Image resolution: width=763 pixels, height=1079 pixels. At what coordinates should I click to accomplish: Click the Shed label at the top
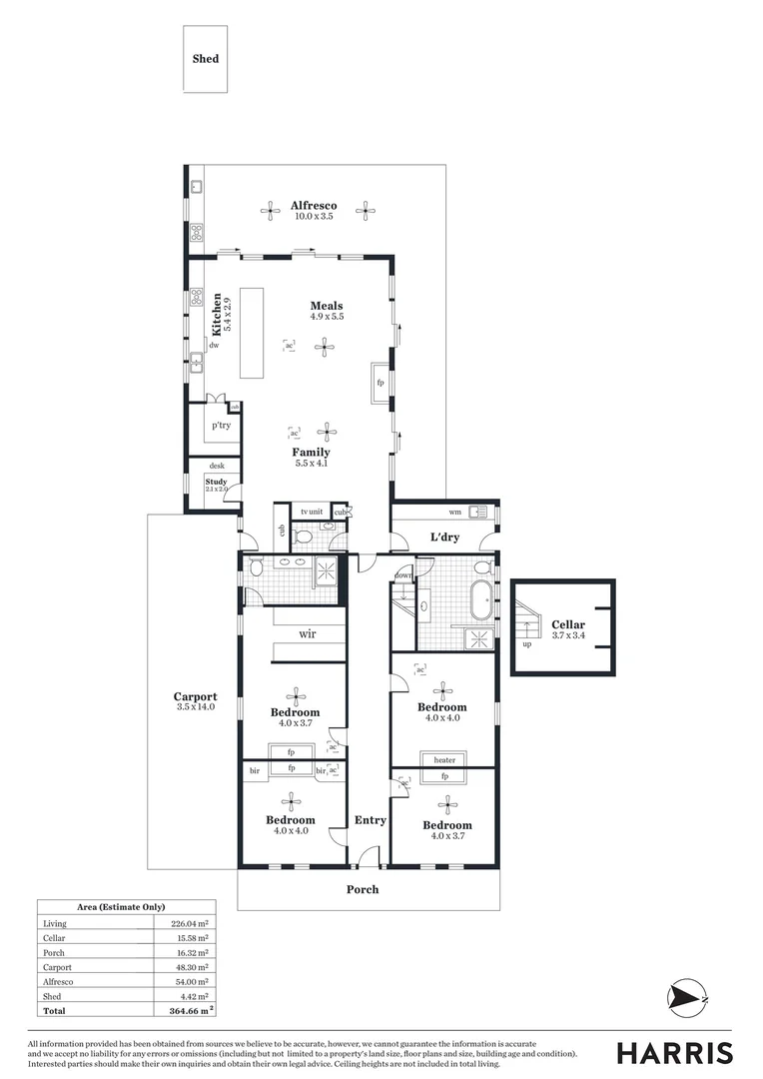[205, 59]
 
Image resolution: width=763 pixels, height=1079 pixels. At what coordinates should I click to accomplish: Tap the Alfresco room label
[314, 206]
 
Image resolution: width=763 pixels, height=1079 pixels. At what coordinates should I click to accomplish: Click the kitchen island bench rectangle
[251, 333]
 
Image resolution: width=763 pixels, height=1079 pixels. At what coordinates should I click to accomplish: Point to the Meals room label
[327, 307]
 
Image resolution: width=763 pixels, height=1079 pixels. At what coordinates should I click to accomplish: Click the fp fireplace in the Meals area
[381, 383]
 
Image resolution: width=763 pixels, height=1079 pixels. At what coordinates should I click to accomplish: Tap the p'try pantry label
[222, 426]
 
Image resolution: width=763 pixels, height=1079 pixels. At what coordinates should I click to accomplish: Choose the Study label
[217, 483]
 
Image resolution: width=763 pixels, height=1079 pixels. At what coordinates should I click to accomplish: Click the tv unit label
[312, 512]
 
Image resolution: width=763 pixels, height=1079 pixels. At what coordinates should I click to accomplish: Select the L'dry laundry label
[444, 538]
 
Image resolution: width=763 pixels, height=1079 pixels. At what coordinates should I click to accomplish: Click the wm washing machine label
[454, 513]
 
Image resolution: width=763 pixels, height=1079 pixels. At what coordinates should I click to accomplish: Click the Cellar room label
[568, 625]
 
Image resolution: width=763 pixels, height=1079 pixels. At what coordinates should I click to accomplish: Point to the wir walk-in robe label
[308, 634]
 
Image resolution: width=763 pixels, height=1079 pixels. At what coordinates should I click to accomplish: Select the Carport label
[195, 697]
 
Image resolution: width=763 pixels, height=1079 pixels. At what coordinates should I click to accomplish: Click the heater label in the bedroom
[444, 760]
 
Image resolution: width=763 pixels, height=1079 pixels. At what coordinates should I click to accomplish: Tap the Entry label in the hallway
[370, 820]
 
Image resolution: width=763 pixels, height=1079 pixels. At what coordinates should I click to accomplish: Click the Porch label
[363, 889]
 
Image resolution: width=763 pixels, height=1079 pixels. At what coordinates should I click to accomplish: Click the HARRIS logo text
[674, 1053]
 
